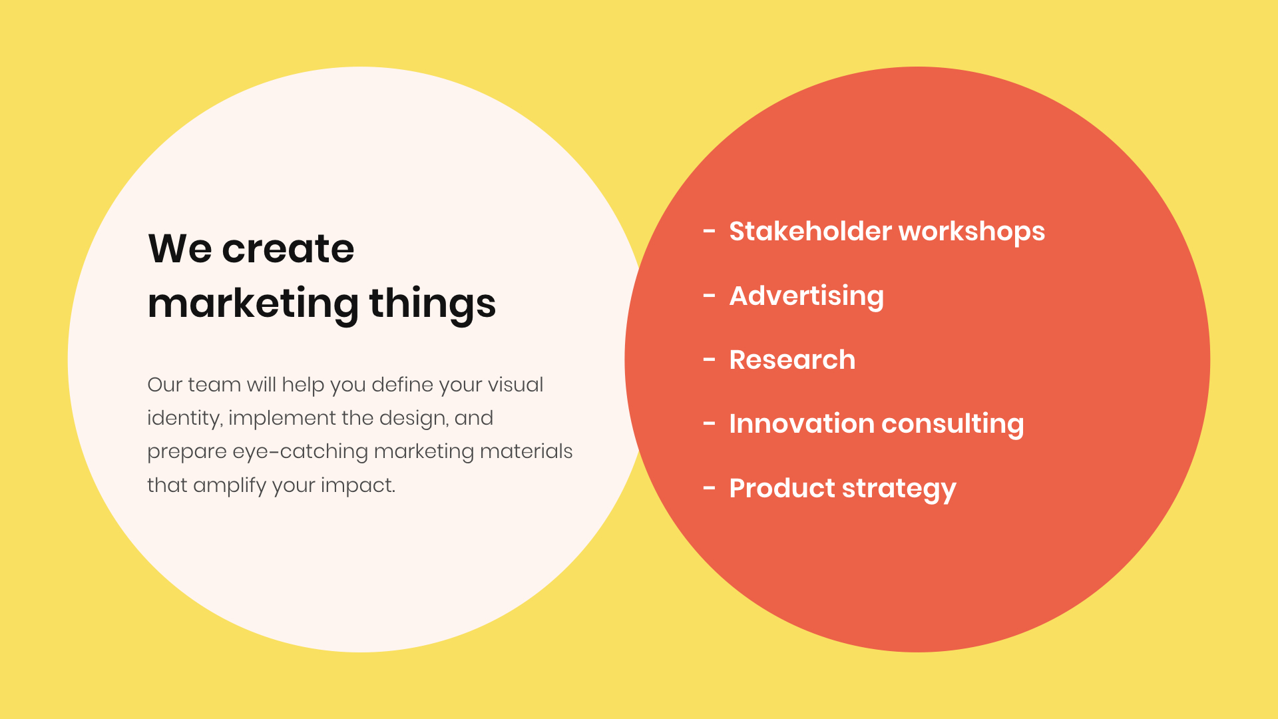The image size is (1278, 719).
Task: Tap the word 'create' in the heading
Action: (288, 250)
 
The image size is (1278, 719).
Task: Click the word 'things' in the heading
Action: (433, 304)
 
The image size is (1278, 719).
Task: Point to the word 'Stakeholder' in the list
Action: (810, 231)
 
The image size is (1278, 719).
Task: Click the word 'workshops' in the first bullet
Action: (972, 232)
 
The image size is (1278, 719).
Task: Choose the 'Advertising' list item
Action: (807, 296)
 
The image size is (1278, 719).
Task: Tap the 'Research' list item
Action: (792, 359)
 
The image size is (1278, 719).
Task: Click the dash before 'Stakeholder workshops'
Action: (710, 232)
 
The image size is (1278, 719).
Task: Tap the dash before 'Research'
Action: (710, 360)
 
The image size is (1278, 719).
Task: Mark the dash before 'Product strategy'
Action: (710, 489)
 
